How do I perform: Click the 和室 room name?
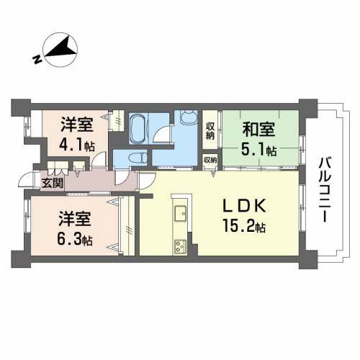(x=258, y=130)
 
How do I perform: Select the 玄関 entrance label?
(x=53, y=183)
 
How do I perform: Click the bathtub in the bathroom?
(x=138, y=130)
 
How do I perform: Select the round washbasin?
(x=189, y=119)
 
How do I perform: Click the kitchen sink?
(x=179, y=213)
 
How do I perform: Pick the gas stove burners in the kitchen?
(x=179, y=246)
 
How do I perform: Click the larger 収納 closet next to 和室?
(x=210, y=130)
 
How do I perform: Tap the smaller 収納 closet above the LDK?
(x=210, y=160)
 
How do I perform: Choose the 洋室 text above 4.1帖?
(x=77, y=123)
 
